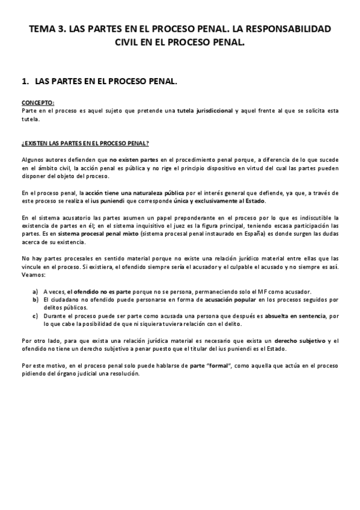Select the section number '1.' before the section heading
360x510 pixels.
[25, 80]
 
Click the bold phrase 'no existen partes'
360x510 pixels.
[134, 159]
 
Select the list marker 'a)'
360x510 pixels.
[36, 291]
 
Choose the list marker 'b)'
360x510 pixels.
[36, 299]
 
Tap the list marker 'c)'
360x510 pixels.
[36, 315]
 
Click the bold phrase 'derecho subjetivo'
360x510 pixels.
[294, 341]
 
